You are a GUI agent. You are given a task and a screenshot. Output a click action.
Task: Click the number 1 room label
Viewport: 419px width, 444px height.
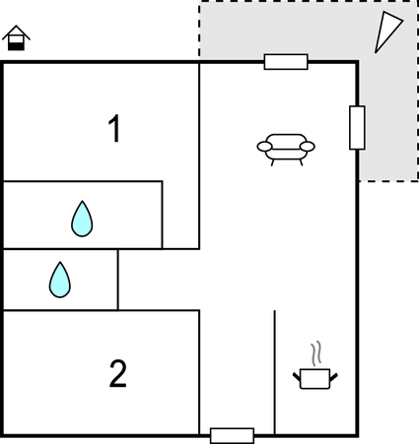[x=114, y=128]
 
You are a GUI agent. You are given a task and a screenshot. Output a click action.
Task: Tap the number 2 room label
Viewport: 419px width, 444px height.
[x=117, y=373]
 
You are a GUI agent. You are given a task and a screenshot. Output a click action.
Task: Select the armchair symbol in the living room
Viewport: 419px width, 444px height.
[x=286, y=150]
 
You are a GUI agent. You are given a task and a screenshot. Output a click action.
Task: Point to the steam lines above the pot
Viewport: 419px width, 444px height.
[x=315, y=353]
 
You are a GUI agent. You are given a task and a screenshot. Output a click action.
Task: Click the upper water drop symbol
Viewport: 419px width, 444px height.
[x=82, y=219]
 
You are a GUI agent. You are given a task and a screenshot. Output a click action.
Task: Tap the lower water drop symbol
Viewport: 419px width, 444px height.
[x=60, y=280]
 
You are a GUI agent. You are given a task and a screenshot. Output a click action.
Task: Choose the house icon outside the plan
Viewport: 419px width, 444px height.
[x=16, y=37]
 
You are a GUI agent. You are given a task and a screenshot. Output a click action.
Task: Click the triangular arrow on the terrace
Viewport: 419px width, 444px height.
[x=387, y=32]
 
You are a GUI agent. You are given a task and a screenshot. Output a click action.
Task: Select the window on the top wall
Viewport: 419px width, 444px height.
[x=286, y=62]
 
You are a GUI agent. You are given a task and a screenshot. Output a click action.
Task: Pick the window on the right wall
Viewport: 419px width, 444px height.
[x=357, y=128]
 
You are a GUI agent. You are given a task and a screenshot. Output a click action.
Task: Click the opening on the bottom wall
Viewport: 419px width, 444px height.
[x=232, y=436]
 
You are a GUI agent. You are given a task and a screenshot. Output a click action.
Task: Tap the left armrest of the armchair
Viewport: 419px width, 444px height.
[x=264, y=147]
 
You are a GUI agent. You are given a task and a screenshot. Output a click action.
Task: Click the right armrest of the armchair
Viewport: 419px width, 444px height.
[x=308, y=147]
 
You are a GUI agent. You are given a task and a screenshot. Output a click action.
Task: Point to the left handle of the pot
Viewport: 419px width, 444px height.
[x=297, y=377]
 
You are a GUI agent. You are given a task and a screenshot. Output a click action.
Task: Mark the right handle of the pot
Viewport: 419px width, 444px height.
[x=333, y=377]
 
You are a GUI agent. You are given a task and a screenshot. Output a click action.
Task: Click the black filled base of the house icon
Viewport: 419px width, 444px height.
[x=16, y=46]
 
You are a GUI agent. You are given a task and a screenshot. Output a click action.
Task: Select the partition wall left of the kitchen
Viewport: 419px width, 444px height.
[x=274, y=372]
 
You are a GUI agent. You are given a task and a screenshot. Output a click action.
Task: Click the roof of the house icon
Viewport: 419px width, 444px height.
[x=16, y=32]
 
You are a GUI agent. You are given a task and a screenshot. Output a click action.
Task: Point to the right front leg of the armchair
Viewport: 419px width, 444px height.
[x=301, y=162]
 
